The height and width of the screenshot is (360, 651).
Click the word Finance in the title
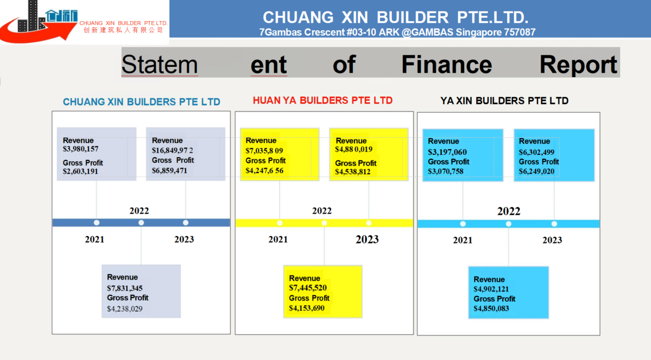(x=447, y=65)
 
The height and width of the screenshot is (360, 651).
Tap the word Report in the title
(x=578, y=65)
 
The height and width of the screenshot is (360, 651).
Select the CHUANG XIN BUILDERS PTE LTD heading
(x=142, y=102)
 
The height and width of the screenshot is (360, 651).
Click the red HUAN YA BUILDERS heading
(x=323, y=101)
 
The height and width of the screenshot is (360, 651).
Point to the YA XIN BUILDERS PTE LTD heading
(x=504, y=101)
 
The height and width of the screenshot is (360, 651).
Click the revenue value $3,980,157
(x=81, y=149)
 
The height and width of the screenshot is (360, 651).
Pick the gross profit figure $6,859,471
(x=170, y=171)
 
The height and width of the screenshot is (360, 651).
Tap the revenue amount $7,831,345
(x=124, y=288)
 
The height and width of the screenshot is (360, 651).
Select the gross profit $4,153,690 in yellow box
(x=307, y=308)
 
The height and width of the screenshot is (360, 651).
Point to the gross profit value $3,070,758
(x=445, y=171)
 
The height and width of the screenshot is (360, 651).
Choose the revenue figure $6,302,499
(x=536, y=152)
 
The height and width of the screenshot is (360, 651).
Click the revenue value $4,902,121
(x=491, y=289)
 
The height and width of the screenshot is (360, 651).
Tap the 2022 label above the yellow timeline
(x=322, y=211)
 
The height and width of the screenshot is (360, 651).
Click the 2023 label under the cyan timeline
(x=552, y=240)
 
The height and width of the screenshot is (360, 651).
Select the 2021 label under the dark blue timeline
(x=95, y=239)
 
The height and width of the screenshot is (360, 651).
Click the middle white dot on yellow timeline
(x=324, y=223)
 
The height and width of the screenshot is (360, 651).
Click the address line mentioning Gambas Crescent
(x=397, y=32)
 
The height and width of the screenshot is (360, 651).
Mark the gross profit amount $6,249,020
(x=536, y=171)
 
